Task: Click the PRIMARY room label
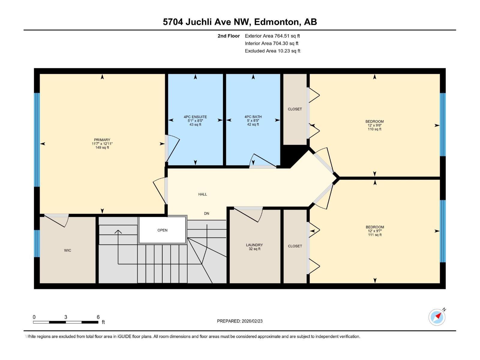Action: click(102, 140)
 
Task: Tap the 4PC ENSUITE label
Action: click(195, 117)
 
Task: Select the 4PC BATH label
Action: click(253, 117)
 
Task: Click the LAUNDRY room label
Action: click(254, 245)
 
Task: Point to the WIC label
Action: click(67, 250)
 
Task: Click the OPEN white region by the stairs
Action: click(162, 230)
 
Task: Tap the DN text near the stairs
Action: click(206, 213)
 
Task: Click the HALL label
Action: click(202, 194)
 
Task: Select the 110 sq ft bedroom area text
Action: click(374, 129)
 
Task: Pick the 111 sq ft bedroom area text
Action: click(375, 235)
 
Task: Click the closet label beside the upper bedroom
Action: click(295, 109)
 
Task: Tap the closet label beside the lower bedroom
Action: click(295, 246)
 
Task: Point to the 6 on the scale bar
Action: click(98, 317)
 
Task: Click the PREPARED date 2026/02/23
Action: click(251, 321)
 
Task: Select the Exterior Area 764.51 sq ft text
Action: click(272, 36)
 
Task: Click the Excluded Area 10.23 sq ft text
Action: click(272, 51)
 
